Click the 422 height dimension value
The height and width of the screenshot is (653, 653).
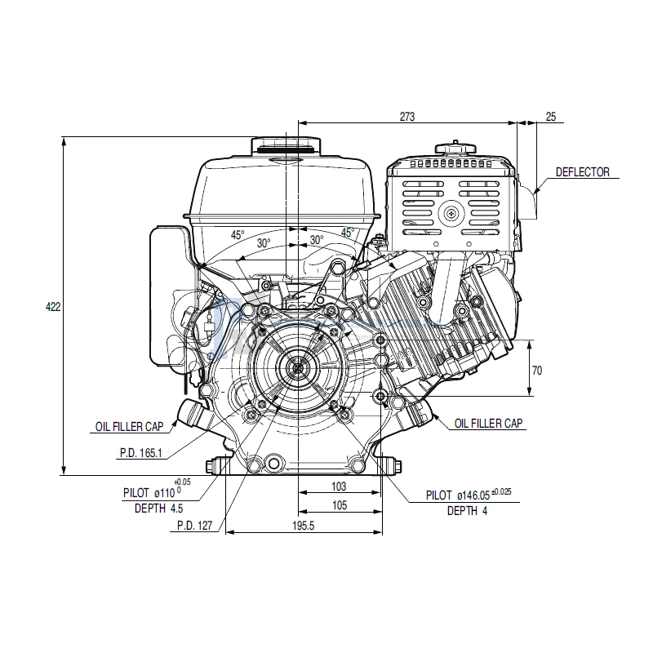(51, 307)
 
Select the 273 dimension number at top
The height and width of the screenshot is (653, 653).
(407, 118)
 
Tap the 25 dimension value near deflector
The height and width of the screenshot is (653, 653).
(550, 118)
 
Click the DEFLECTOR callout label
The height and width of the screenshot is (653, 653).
(582, 172)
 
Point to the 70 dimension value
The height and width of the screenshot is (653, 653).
(536, 370)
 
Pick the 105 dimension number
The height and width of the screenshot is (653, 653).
(340, 506)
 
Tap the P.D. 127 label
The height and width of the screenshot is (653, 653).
(194, 526)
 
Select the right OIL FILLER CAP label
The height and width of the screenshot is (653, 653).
(489, 423)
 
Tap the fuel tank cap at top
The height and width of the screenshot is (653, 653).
(285, 145)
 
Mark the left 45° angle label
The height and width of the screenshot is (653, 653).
(237, 235)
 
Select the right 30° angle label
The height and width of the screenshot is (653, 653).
(317, 240)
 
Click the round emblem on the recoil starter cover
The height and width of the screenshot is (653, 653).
(451, 214)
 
